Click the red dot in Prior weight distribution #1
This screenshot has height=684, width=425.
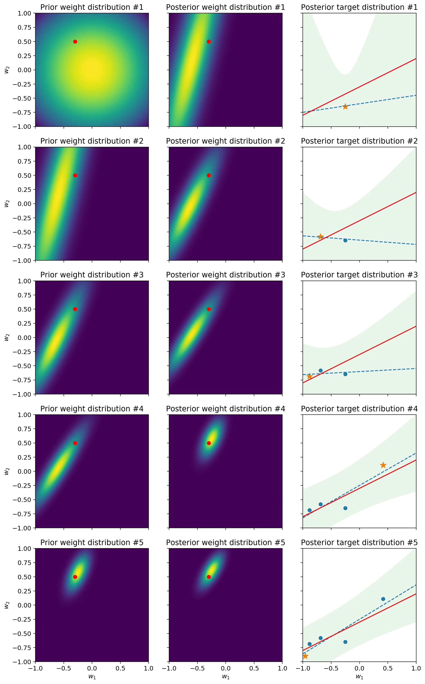75,42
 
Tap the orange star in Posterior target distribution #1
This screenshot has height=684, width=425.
345,107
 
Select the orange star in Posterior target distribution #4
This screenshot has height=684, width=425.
383,465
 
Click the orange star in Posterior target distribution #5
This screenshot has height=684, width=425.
305,656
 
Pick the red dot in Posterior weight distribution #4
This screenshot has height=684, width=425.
209,443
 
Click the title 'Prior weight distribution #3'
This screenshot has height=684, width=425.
92,275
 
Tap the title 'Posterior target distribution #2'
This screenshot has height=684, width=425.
359,141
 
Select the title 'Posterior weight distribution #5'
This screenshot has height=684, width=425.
225,542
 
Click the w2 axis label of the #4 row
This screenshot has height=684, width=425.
7,471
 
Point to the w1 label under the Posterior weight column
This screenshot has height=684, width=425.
226,677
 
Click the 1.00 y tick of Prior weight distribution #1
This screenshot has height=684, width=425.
25,13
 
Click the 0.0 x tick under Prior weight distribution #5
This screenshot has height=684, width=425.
92,668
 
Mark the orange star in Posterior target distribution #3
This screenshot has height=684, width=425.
309,376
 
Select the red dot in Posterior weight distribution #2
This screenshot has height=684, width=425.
209,175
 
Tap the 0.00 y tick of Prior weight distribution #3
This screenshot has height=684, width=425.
25,337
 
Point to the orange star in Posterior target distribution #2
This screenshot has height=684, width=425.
321,236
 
